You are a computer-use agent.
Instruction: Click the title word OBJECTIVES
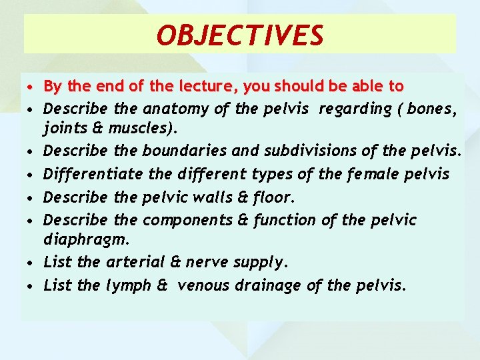[240, 35]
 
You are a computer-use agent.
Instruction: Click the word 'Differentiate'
[93, 175]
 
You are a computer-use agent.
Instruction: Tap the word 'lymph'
[129, 286]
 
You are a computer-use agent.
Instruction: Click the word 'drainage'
[275, 286]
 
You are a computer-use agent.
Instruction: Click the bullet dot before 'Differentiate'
[31, 175]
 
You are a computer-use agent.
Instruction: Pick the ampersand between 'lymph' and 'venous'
[163, 286]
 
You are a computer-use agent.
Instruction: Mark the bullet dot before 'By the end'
[31, 87]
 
